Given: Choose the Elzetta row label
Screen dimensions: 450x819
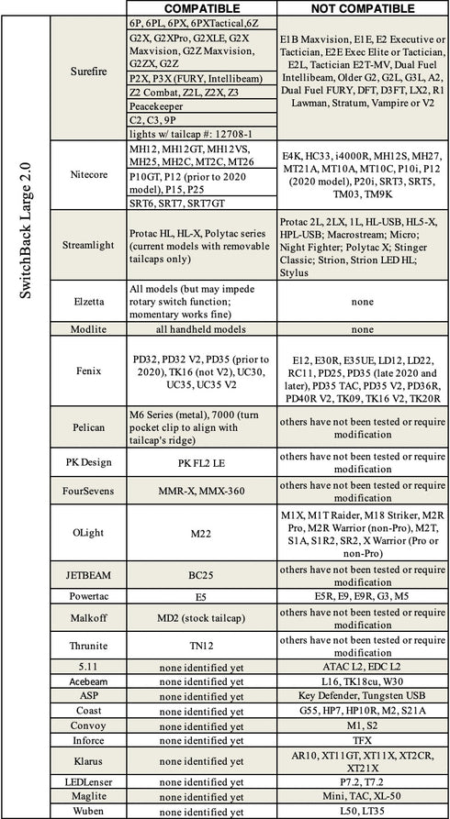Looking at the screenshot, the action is tap(88, 299).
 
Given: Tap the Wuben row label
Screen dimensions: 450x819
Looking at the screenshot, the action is tap(88, 811).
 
